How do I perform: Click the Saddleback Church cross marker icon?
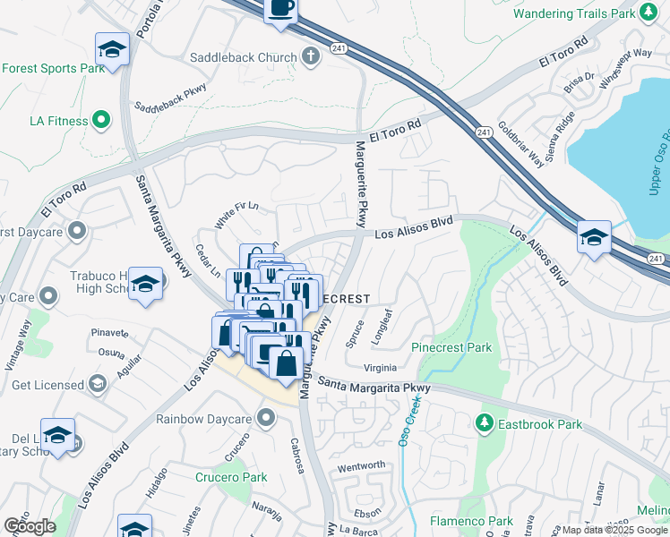coord(310,57)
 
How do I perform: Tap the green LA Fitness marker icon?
coord(101,119)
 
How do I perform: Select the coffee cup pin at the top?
coord(280,10)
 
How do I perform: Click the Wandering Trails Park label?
coord(573,13)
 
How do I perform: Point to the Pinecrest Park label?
coord(451,346)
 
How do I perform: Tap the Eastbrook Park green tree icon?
coord(485,422)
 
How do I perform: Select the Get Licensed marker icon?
coord(98,385)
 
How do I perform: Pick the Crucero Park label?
coord(231,477)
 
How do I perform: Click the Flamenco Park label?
coord(470,521)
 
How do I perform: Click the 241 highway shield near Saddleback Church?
coord(338,47)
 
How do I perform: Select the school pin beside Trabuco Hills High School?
coord(144,284)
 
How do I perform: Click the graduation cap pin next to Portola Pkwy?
coord(112,48)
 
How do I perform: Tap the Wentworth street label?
coord(361,465)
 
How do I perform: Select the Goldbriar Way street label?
coord(521,143)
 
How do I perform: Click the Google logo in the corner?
coord(30,525)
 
